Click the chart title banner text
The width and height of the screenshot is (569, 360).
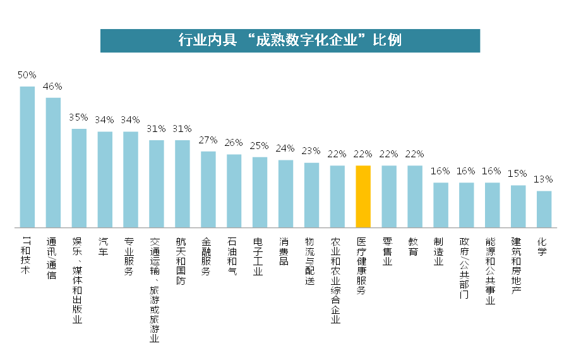[x=290, y=40]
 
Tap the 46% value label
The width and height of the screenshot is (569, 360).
[x=53, y=87]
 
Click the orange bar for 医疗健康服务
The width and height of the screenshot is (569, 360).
[x=363, y=196]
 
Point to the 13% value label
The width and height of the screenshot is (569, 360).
[x=544, y=180]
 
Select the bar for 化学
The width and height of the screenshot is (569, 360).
[x=544, y=208]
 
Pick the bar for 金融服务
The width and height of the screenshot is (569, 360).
[x=208, y=189]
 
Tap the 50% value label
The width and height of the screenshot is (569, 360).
[x=27, y=75]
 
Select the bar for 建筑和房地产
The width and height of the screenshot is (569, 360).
[x=518, y=206]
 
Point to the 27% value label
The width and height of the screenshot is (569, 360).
[x=208, y=140]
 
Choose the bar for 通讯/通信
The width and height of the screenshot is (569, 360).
[x=53, y=162]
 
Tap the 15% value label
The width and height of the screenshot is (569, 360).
[x=518, y=174]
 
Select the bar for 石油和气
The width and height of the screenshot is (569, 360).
[x=234, y=190]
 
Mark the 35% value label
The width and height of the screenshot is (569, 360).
[x=79, y=117]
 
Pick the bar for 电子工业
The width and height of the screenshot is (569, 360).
[x=260, y=192]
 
